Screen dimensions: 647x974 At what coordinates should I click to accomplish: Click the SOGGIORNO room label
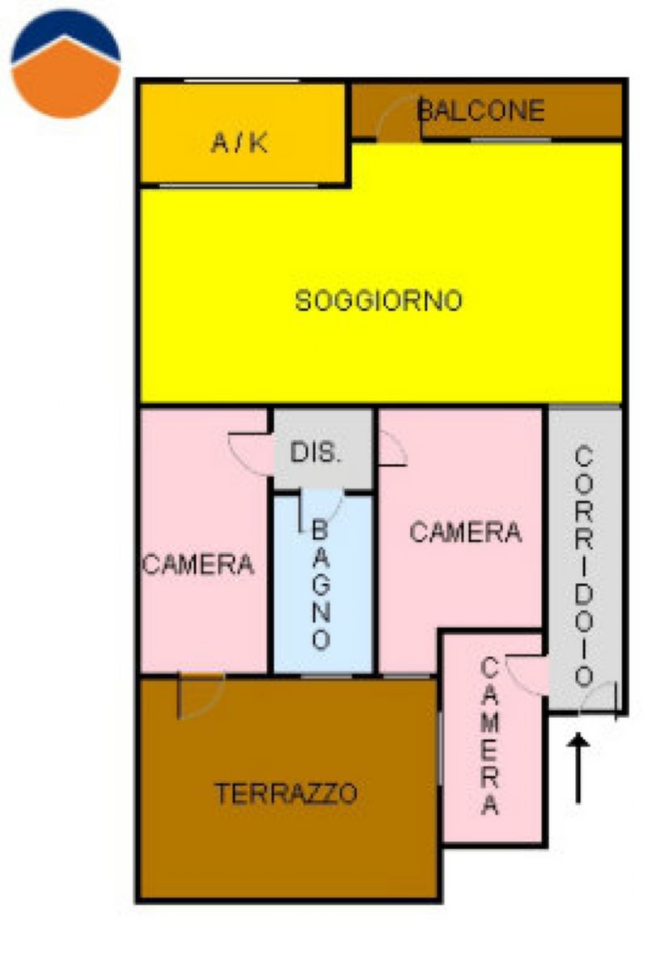[x=378, y=300]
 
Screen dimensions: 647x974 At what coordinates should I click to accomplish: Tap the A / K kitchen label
[x=239, y=142]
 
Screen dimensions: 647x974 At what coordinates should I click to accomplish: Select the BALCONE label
[x=480, y=110]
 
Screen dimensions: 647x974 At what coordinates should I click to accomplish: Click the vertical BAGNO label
[x=321, y=585]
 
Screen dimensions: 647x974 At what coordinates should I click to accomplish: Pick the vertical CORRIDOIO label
[x=584, y=567]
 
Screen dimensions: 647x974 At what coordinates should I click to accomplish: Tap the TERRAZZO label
[x=286, y=793]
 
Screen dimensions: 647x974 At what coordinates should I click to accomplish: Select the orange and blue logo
[x=66, y=63]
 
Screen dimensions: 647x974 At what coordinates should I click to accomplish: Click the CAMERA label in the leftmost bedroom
[x=198, y=564]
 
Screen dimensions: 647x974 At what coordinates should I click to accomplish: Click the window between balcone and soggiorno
[x=510, y=139]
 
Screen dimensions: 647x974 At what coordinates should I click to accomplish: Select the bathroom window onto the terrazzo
[x=326, y=676]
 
